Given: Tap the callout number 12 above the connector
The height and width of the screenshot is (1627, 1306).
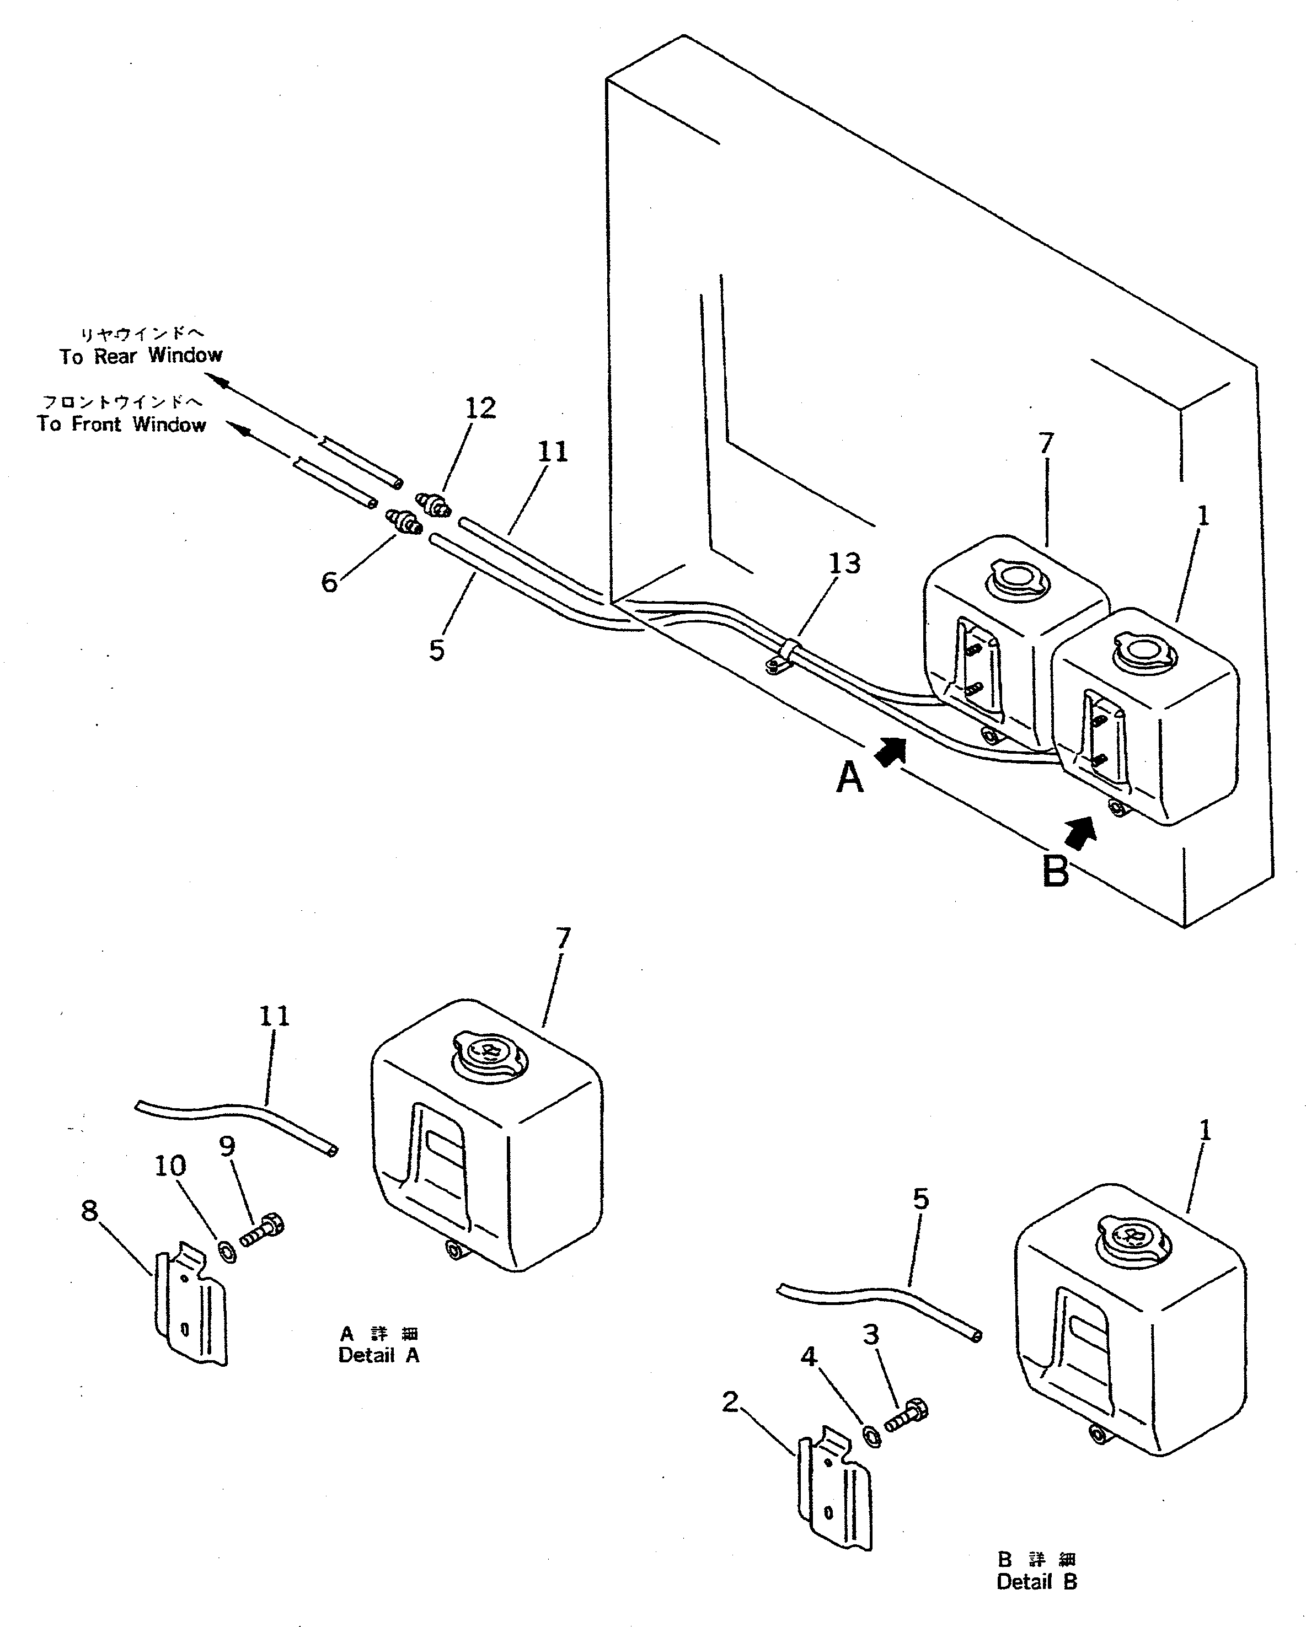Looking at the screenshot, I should pyautogui.click(x=480, y=408).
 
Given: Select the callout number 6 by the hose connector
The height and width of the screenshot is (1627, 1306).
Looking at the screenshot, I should pyautogui.click(x=329, y=582).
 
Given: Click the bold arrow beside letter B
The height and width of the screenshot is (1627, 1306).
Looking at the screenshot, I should pyautogui.click(x=1081, y=831).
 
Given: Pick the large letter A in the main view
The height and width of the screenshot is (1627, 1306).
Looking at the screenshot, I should pyautogui.click(x=850, y=777).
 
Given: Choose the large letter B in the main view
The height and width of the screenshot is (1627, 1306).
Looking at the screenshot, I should pyautogui.click(x=1056, y=872).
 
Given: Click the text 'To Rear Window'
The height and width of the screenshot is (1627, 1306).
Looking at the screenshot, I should pyautogui.click(x=141, y=356).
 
